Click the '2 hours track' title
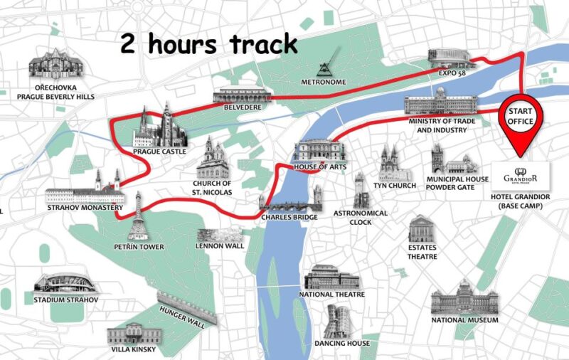(x=208, y=45)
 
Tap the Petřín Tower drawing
(x=137, y=217)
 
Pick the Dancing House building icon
(x=341, y=322)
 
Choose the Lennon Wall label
(x=220, y=246)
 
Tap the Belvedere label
(x=242, y=107)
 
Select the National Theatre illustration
(x=331, y=278)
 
